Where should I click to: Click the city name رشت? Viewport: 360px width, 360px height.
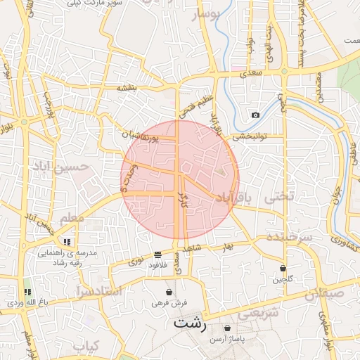click(x=191, y=324)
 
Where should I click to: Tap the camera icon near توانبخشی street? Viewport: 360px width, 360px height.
click(x=255, y=115)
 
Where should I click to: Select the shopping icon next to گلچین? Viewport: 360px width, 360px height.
click(x=283, y=268)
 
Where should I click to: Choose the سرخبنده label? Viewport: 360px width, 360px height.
click(x=288, y=238)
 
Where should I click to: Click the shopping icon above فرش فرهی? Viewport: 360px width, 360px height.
click(x=169, y=292)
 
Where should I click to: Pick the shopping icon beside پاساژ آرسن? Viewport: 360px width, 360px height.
click(x=227, y=328)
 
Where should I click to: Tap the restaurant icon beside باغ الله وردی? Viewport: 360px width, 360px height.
click(x=27, y=291)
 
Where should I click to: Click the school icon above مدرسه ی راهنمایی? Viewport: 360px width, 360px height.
click(x=67, y=241)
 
